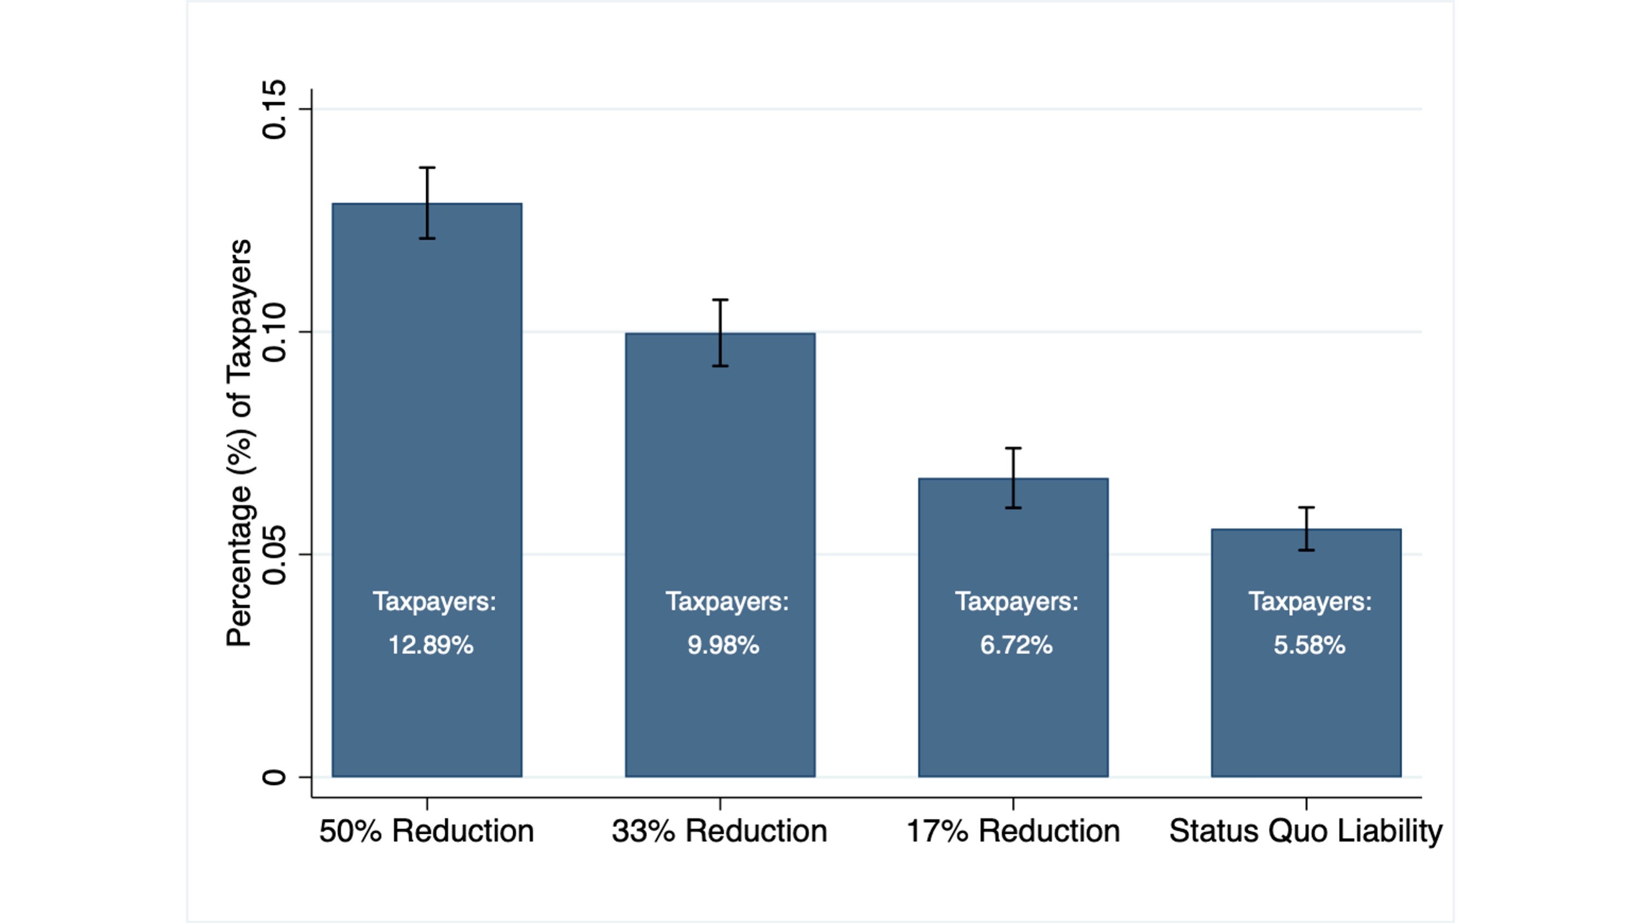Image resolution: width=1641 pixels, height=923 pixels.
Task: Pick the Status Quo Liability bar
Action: point(1306,707)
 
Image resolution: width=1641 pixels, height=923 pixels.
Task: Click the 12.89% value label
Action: point(431,645)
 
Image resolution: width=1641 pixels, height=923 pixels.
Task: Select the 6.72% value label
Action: point(1017,645)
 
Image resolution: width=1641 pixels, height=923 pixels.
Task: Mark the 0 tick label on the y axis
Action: point(275,777)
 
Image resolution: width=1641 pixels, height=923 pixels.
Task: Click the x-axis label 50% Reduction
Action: point(427,831)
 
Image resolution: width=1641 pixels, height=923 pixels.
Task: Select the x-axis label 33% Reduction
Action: point(720,831)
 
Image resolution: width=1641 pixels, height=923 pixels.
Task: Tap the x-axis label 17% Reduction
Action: point(1013,831)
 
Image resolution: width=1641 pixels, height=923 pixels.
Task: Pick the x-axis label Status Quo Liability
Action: point(1306,831)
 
